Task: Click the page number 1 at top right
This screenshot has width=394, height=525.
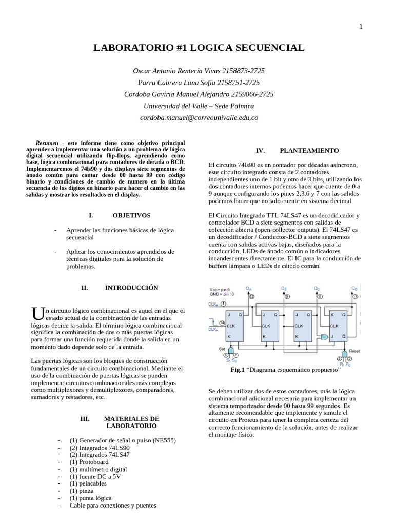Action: [x=361, y=27]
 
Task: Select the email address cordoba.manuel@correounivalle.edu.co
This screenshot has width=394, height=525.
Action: [x=199, y=117]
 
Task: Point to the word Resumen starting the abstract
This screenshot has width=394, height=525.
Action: [x=47, y=143]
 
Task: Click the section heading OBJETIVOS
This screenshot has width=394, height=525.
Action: [x=131, y=216]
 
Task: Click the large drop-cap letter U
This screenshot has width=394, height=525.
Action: [x=35, y=313]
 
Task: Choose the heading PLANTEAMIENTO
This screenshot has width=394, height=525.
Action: [x=309, y=151]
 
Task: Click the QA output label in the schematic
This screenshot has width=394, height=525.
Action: [x=249, y=289]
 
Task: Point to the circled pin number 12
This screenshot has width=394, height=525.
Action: [x=251, y=296]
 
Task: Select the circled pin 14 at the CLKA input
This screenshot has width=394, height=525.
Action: [x=222, y=322]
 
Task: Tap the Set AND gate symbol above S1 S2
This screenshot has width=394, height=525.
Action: [x=230, y=350]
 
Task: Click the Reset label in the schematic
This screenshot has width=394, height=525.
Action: [x=354, y=351]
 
